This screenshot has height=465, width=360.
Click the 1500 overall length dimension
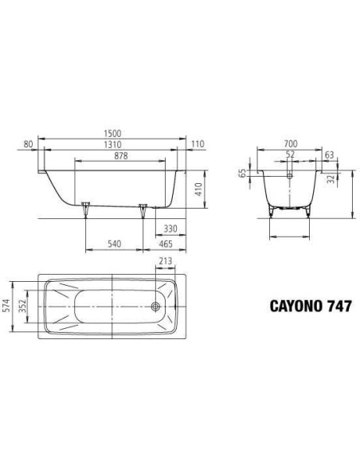[112, 134]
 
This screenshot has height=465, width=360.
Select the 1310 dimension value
[112, 145]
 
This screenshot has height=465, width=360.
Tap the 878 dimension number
[120, 156]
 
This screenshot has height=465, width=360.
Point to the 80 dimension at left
[28, 144]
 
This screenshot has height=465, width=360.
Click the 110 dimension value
[198, 144]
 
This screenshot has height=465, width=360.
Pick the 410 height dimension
[198, 190]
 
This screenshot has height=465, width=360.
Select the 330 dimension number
[170, 229]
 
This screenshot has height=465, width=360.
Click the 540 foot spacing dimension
[114, 244]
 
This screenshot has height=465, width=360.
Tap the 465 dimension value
[166, 244]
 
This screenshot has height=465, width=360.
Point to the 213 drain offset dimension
[166, 261]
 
